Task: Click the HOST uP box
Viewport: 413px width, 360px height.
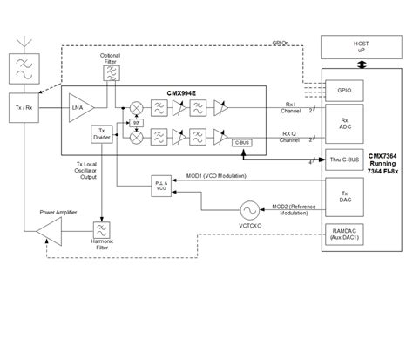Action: pos(362,44)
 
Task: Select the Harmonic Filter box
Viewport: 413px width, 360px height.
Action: pos(103,231)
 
